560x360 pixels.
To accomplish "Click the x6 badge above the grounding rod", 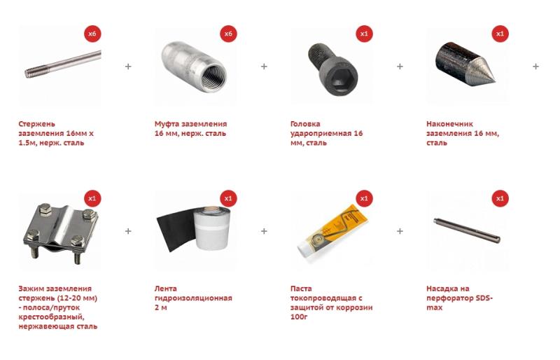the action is click(x=92, y=34).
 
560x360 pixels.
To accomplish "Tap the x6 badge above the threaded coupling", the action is click(x=228, y=34).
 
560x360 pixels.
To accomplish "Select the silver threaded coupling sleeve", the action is click(x=194, y=67).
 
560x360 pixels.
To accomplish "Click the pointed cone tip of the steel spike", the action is click(x=494, y=79).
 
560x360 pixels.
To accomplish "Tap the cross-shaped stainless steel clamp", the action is click(x=60, y=233).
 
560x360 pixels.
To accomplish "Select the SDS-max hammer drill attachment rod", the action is click(x=467, y=230).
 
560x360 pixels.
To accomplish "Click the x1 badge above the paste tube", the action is click(x=364, y=198).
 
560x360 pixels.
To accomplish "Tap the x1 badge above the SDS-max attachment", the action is click(x=500, y=198).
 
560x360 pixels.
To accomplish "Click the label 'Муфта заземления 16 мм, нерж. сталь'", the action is click(x=190, y=129).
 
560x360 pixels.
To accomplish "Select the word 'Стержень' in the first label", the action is click(x=37, y=124).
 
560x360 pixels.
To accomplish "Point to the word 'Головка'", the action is click(x=305, y=124).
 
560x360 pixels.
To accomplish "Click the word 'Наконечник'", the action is click(x=449, y=124).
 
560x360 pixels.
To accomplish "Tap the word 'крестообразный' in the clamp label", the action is click(x=51, y=317).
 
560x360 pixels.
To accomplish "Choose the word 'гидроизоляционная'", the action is click(x=193, y=298).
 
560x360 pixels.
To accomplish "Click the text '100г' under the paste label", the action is click(x=299, y=317).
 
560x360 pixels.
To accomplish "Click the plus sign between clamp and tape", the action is click(x=128, y=231).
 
